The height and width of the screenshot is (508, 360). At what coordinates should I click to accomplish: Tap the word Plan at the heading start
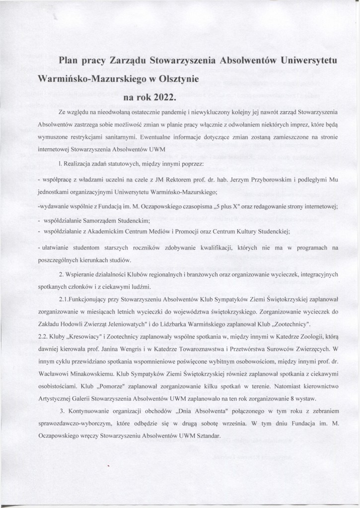coord(70,60)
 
